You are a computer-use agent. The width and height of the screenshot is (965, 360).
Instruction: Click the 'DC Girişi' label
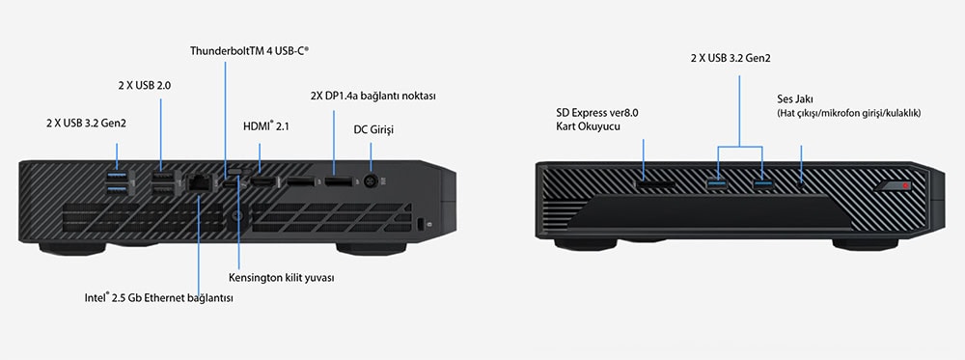(375, 128)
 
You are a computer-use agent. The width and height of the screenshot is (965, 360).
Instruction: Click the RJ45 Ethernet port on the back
(198, 180)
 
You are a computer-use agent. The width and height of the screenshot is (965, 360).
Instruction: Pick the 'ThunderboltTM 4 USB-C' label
(249, 50)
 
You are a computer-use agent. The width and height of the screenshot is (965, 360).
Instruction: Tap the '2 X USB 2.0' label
(144, 86)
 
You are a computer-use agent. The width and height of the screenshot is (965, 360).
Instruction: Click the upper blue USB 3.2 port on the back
(117, 173)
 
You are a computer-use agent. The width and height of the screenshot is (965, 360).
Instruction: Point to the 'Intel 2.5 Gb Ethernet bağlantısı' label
(158, 297)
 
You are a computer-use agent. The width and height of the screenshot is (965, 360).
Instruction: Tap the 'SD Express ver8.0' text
(597, 112)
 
